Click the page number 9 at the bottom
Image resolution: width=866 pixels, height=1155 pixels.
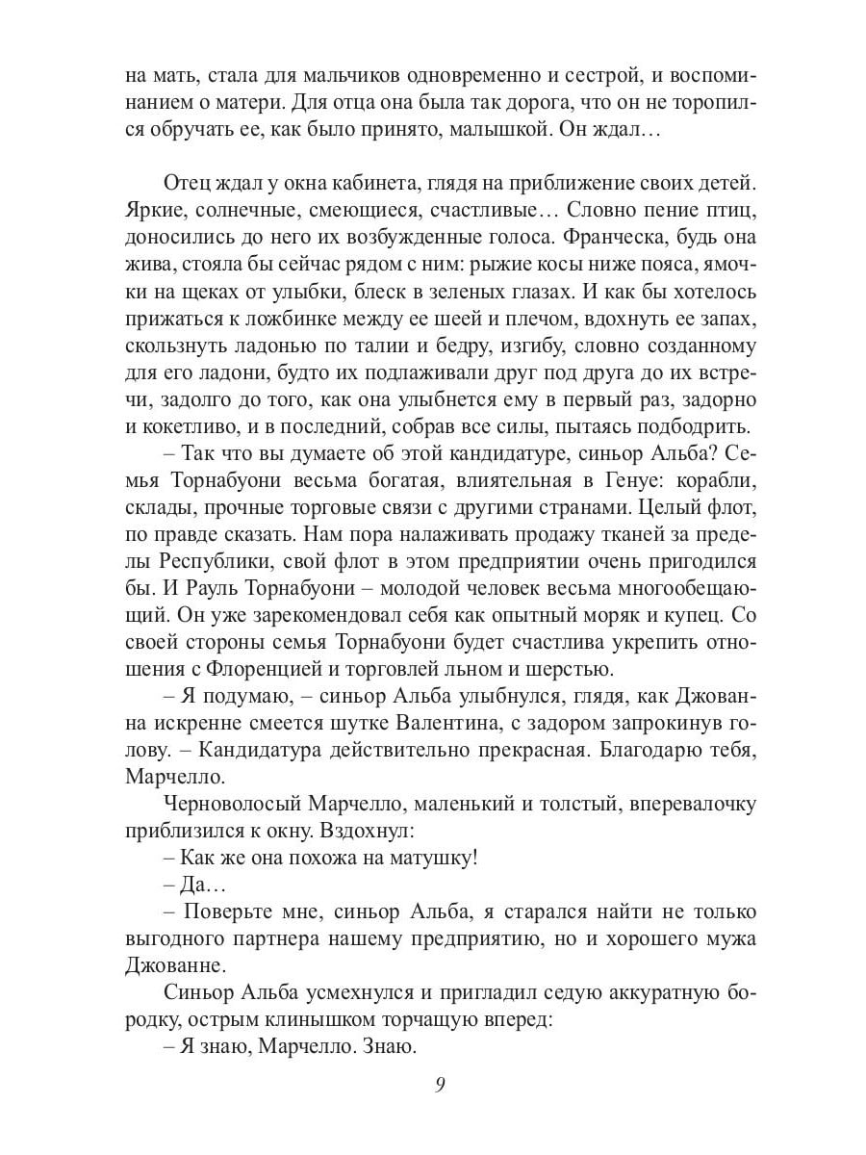coord(439,1085)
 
